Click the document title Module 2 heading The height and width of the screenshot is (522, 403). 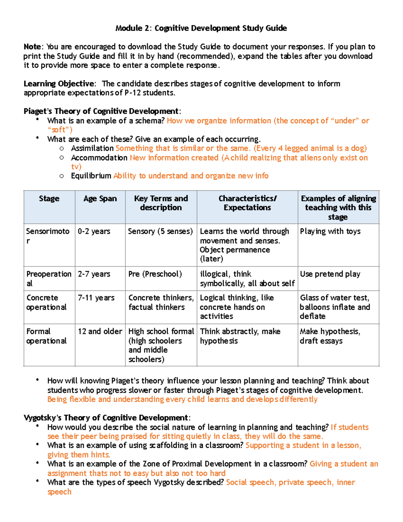(x=201, y=28)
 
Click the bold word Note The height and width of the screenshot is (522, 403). (x=32, y=47)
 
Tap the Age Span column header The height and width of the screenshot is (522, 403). (x=100, y=199)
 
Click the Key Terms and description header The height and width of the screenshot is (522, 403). (x=161, y=203)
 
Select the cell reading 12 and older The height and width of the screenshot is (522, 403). (x=100, y=331)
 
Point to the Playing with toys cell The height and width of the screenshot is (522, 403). (x=330, y=231)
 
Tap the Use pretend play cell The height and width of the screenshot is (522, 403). (x=330, y=274)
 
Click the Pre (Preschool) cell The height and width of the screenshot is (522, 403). (x=155, y=274)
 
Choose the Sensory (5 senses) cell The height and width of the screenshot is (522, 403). (x=160, y=231)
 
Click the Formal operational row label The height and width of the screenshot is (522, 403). (x=46, y=336)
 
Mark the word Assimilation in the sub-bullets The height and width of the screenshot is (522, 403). (x=92, y=148)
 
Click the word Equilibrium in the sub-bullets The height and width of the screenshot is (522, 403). (x=91, y=176)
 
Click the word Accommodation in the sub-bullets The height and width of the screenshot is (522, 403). (x=99, y=158)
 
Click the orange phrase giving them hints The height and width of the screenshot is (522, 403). (x=79, y=455)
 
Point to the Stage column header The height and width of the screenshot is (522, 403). (x=49, y=199)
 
